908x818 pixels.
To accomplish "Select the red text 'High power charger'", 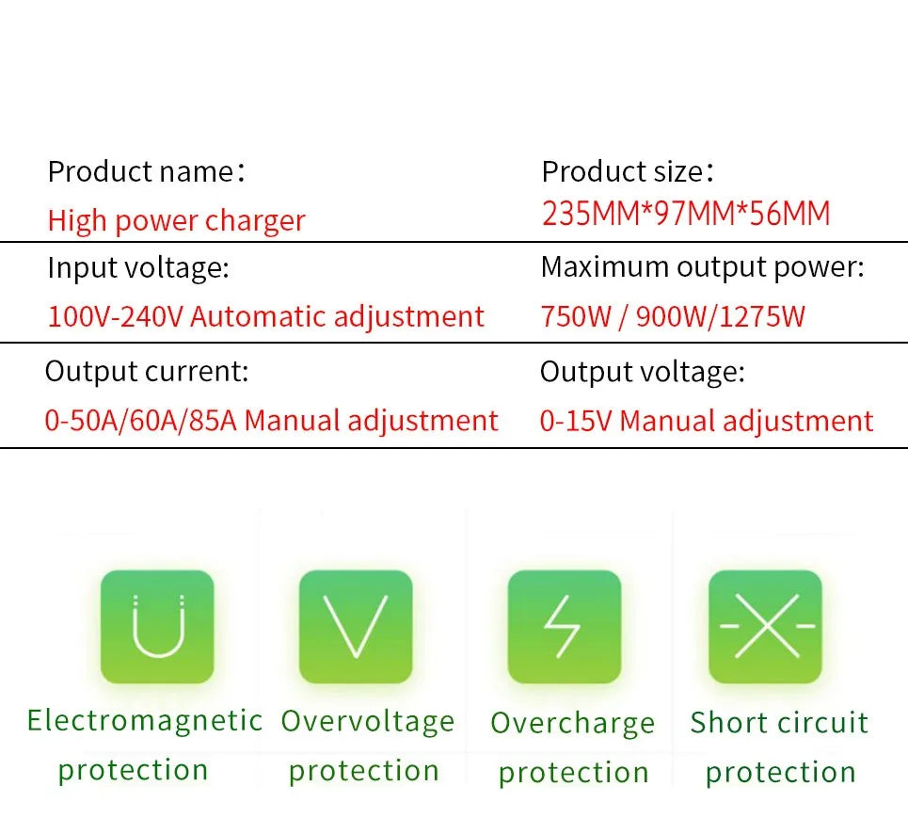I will pyautogui.click(x=176, y=221).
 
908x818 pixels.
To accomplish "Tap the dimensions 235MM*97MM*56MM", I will pyautogui.click(x=686, y=214).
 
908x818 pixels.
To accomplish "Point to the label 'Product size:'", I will pyautogui.click(x=628, y=172).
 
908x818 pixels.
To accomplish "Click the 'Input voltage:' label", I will pyautogui.click(x=137, y=268).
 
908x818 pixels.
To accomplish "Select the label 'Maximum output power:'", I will pyautogui.click(x=702, y=267).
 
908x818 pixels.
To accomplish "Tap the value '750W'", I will pyautogui.click(x=576, y=316).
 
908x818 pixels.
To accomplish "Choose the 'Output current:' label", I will pyautogui.click(x=147, y=371).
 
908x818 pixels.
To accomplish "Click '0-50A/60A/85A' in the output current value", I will pyautogui.click(x=140, y=420).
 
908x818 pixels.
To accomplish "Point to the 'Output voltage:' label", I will pyautogui.click(x=642, y=372).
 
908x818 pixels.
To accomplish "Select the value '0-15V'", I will pyautogui.click(x=575, y=421).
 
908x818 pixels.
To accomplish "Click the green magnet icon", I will pyautogui.click(x=157, y=626).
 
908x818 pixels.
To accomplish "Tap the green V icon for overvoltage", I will pyautogui.click(x=356, y=626).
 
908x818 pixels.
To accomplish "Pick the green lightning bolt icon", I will pyautogui.click(x=565, y=626).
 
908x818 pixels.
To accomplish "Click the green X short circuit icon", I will pyautogui.click(x=765, y=626).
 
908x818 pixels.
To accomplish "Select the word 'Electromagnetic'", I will pyautogui.click(x=144, y=721).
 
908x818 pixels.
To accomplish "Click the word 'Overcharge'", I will pyautogui.click(x=572, y=723).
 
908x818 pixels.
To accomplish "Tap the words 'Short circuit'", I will pyautogui.click(x=779, y=723).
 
